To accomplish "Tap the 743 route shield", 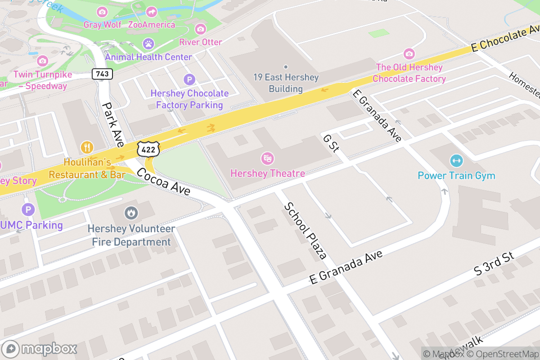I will tap(102, 73).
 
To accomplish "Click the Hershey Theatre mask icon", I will tap(268, 158).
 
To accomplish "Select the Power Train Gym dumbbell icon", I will tap(456, 160).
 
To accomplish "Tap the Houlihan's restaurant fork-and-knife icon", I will tap(87, 147).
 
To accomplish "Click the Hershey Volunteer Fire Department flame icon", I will tap(131, 212).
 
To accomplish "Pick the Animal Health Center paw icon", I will tap(148, 44).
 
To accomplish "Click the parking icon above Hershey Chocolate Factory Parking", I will tap(189, 80).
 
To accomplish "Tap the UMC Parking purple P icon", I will tap(28, 209).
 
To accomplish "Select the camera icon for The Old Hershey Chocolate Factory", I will tap(409, 54).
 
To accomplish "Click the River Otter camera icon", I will tap(200, 29).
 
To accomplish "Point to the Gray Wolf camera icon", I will tap(102, 11).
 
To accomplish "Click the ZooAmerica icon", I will tap(152, 11).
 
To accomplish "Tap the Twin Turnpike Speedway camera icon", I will tap(42, 60).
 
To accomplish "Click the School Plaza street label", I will tap(305, 231).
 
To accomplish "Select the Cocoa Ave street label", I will tap(163, 181).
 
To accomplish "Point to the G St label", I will tap(331, 143).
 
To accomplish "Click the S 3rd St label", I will tap(494, 264).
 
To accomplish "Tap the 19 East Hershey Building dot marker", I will tap(286, 67).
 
